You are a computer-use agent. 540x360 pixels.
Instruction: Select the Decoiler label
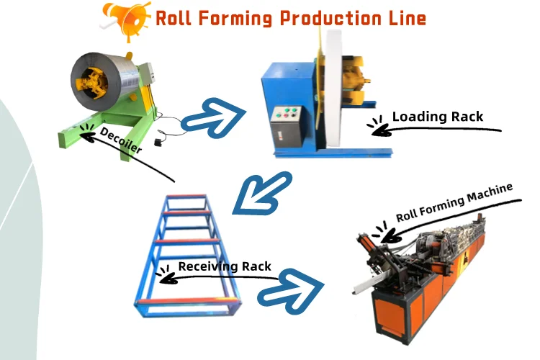click(x=122, y=140)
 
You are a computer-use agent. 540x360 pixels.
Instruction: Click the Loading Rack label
click(x=437, y=116)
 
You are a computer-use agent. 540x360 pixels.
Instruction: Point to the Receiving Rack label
click(x=225, y=266)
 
